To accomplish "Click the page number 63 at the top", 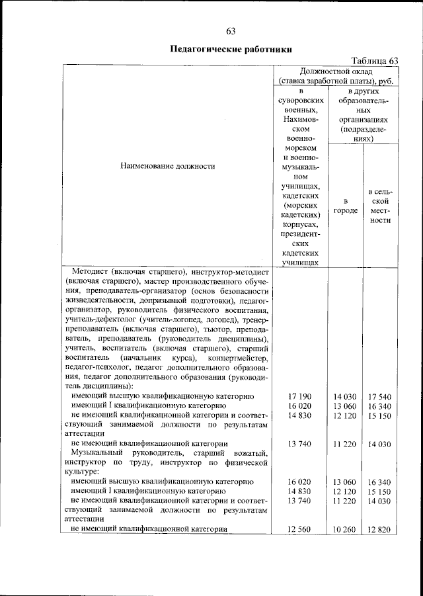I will pos(231,31).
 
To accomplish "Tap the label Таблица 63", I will pos(375,60).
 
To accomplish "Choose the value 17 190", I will pos(299,396).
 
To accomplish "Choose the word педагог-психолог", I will pos(97,367).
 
